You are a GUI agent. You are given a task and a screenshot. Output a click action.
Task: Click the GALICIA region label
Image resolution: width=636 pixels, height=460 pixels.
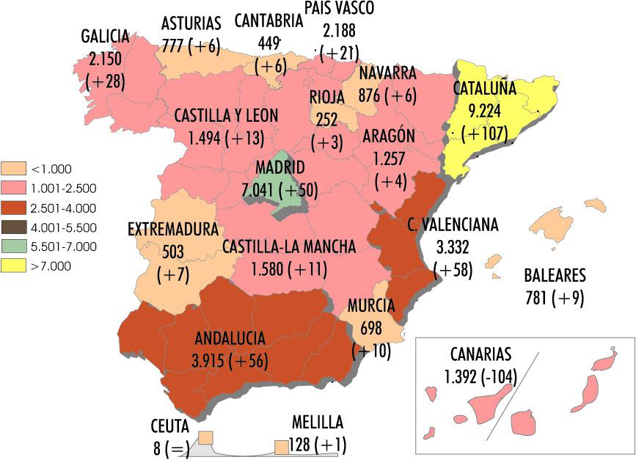[105, 37]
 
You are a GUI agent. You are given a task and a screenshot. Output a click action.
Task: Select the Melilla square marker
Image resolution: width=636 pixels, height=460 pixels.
[281, 446]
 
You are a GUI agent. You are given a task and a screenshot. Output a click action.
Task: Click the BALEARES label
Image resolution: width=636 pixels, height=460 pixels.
[555, 277]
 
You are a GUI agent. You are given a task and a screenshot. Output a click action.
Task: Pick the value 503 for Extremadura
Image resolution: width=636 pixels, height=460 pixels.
[173, 252]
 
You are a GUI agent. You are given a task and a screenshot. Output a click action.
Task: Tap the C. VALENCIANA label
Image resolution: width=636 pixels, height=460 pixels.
[453, 224]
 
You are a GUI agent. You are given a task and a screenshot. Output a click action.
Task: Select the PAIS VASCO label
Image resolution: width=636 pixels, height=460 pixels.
[339, 9]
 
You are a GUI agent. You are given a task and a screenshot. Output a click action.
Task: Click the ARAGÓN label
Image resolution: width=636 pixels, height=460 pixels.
[389, 136]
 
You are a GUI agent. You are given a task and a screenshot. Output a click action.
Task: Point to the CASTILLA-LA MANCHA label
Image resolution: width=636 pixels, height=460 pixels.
[289, 247]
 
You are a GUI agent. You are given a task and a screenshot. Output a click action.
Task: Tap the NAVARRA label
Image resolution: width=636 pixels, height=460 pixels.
[387, 73]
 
